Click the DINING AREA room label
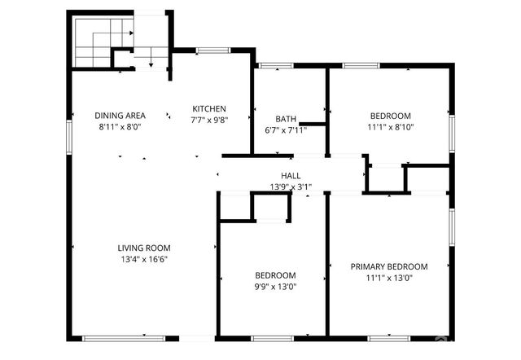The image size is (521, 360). tap(120, 116)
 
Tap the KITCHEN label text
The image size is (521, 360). tap(208, 109)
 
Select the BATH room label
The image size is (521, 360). tap(286, 119)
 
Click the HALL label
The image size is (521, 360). tap(291, 176)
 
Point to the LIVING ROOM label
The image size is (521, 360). tap(143, 248)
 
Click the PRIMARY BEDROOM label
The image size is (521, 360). tap(388, 266)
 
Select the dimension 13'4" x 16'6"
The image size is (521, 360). tap(143, 260)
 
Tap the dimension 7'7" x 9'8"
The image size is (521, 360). tap(208, 120)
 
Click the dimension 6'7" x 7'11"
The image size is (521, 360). tap(286, 130)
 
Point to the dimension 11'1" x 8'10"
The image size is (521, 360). tap(390, 126)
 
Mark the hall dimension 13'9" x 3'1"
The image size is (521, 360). tap(291, 187)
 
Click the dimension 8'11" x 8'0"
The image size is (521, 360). tap(120, 126)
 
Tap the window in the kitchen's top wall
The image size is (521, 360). tap(212, 50)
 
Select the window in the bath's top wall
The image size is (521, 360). tap(277, 65)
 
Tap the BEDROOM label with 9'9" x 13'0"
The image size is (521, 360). tap(275, 275)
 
